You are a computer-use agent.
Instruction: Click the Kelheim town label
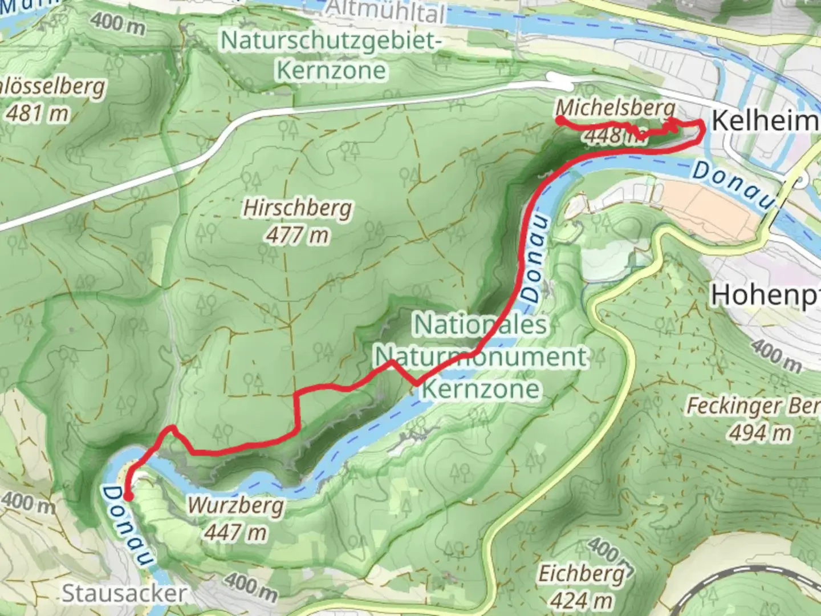tap(764, 121)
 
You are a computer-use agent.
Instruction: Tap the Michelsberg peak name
tap(615, 108)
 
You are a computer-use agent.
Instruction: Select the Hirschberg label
tap(297, 208)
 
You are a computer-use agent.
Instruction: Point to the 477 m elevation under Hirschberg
tap(297, 234)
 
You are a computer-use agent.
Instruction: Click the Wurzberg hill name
tap(235, 505)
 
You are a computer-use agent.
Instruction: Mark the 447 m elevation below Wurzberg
tap(235, 532)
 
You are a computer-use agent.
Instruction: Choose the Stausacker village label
tap(124, 593)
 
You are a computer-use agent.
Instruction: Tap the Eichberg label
tap(581, 573)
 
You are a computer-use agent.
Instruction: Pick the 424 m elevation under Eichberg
tap(581, 599)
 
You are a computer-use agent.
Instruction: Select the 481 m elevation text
tap(37, 114)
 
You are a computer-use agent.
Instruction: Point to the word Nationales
tap(480, 325)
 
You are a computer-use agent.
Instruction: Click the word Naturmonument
tap(481, 357)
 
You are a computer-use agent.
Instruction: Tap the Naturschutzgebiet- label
tap(331, 41)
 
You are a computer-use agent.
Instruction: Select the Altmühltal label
tap(387, 11)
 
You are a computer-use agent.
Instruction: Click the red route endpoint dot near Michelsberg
tap(560, 119)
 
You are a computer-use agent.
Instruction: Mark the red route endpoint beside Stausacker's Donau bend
tap(129, 497)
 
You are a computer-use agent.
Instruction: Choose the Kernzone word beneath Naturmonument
tap(481, 389)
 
